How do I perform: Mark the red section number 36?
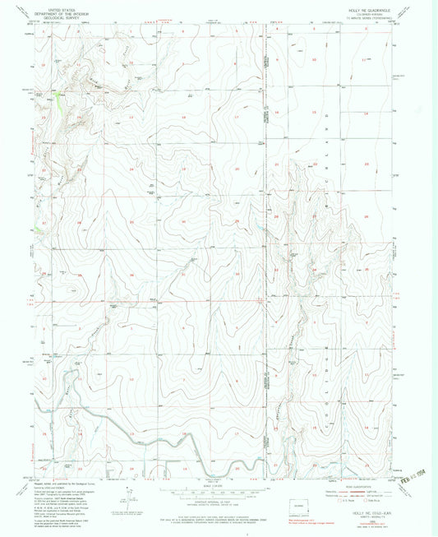131,274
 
